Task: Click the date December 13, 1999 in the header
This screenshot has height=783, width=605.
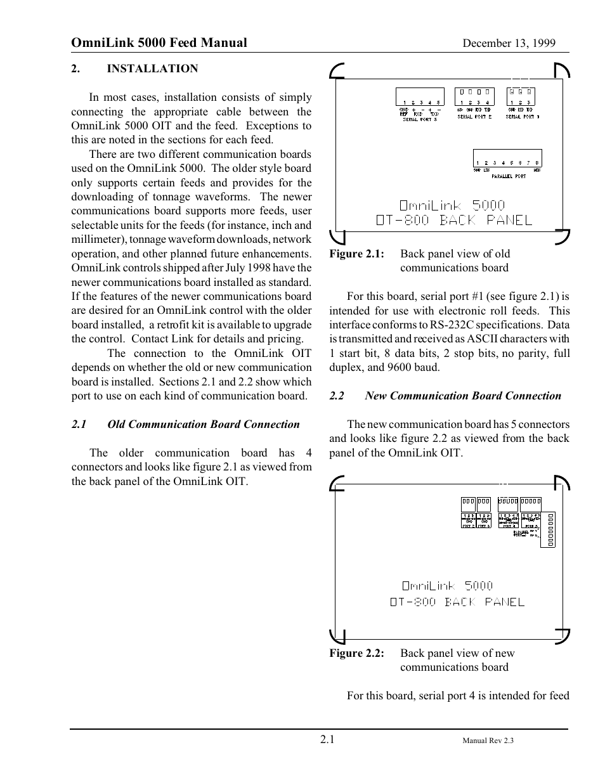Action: coord(509,43)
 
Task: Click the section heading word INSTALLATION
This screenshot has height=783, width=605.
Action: coord(152,68)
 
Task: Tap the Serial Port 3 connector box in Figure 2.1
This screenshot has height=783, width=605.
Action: coord(419,96)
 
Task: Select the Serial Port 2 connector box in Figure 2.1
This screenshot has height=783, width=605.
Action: coord(474,96)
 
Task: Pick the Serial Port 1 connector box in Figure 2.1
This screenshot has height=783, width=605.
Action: coord(521,96)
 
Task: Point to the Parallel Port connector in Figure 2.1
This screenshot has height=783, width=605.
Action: coord(507,159)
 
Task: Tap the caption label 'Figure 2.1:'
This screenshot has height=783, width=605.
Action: coord(356,254)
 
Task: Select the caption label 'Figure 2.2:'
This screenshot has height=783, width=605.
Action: coord(356,653)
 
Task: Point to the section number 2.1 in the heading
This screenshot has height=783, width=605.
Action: coord(79,425)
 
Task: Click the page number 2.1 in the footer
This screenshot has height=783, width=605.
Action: coord(327,739)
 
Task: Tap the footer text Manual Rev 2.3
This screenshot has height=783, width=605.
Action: coord(488,741)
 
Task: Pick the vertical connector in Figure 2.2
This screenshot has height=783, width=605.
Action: coord(550,529)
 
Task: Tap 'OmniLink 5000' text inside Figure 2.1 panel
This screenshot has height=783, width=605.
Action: coord(452,205)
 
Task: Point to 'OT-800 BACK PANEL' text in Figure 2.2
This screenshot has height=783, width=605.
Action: coord(457,602)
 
